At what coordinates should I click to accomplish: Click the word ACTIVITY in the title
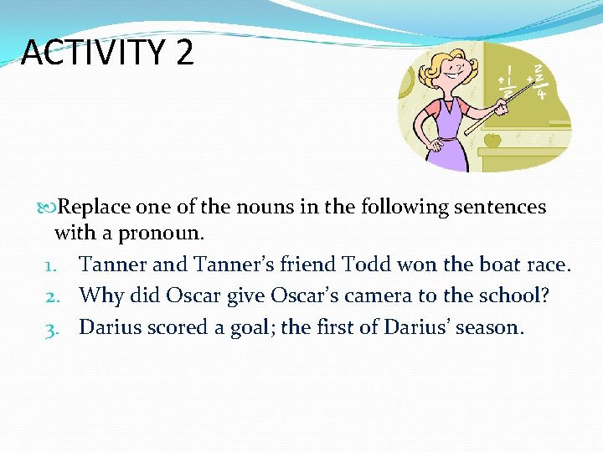pyautogui.click(x=92, y=53)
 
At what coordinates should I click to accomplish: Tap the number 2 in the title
pyautogui.click(x=185, y=53)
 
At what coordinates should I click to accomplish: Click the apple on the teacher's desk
pyautogui.click(x=492, y=139)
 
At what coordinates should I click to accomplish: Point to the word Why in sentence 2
pyautogui.click(x=100, y=296)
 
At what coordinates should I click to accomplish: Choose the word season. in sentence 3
pyautogui.click(x=486, y=327)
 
